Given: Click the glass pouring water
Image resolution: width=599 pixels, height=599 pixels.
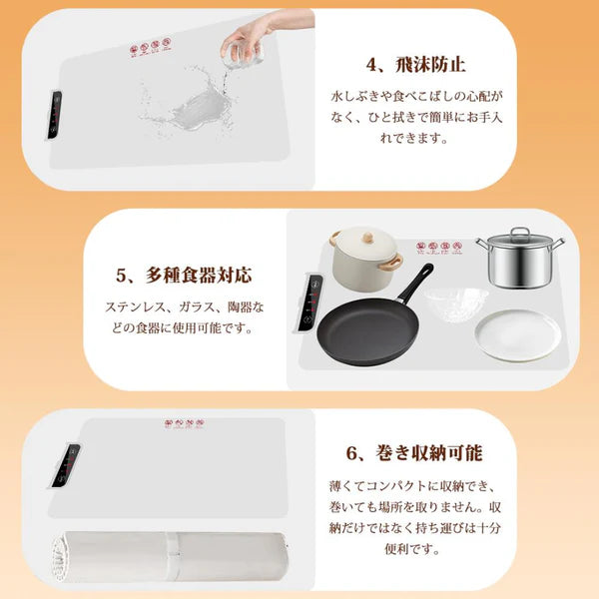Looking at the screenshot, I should point(245,45).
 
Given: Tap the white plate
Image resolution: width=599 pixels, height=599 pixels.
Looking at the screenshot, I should point(516,334).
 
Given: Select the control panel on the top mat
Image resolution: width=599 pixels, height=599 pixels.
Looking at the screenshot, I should point(56,118).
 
